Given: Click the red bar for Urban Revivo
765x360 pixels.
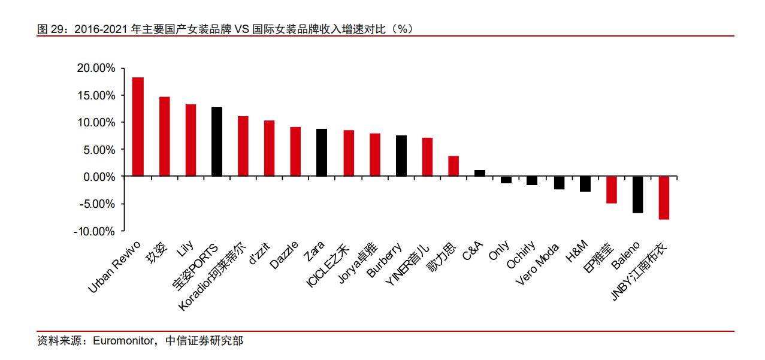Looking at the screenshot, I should click(x=138, y=127).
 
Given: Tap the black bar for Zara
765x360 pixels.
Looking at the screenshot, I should click(x=322, y=153).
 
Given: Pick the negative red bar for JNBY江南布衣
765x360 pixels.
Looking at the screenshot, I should click(x=664, y=198).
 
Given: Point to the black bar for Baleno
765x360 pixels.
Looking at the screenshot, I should click(x=637, y=195).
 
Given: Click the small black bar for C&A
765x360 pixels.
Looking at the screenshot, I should click(x=479, y=174).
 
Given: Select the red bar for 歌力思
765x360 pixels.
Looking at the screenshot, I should click(x=453, y=167).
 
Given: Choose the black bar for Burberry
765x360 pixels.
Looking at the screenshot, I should click(x=401, y=156).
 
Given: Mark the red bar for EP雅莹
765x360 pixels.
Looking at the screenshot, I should click(x=611, y=190).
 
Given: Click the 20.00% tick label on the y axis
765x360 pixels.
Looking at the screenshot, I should click(x=96, y=68).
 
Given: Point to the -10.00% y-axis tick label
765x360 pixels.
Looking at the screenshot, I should click(x=94, y=231).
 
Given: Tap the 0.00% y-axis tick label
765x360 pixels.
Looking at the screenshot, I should click(x=99, y=177).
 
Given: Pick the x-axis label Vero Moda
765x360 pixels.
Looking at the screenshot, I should click(x=537, y=264).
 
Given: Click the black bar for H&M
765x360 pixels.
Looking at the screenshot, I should click(x=585, y=184).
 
